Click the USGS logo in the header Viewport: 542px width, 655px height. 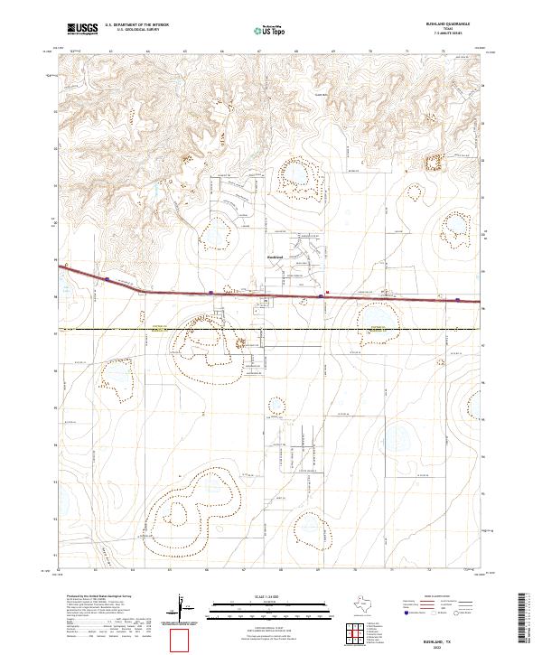(x=83, y=30)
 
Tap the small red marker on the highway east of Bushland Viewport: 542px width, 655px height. (x=326, y=292)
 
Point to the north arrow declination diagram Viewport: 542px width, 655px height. (x=183, y=606)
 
